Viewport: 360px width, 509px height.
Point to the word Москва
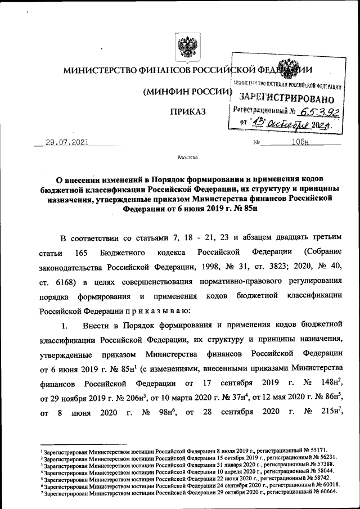pos(187,159)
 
